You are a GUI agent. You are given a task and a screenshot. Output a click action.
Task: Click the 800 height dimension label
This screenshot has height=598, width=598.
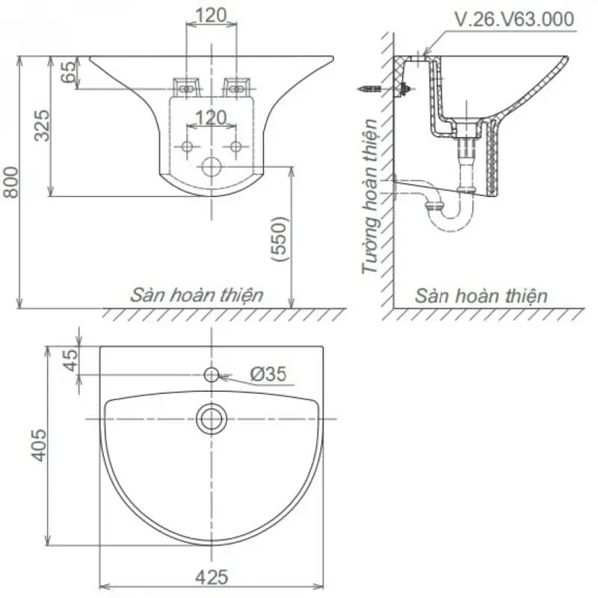pyautogui.click(x=10, y=182)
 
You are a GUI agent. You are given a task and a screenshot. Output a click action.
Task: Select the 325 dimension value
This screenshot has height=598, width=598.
pyautogui.click(x=42, y=126)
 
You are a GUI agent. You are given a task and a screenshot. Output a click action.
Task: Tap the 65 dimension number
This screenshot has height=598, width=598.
pyautogui.click(x=69, y=72)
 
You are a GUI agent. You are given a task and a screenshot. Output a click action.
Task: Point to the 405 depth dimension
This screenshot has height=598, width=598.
pyautogui.click(x=39, y=445)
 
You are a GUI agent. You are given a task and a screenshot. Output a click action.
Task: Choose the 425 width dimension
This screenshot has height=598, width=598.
pyautogui.click(x=212, y=577)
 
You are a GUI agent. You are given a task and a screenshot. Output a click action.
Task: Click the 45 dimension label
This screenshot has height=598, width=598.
pyautogui.click(x=70, y=360)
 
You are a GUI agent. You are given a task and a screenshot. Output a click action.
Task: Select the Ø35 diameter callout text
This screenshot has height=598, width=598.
pyautogui.click(x=268, y=374)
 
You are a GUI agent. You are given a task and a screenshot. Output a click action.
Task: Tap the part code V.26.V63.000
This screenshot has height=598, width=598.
pyautogui.click(x=514, y=19)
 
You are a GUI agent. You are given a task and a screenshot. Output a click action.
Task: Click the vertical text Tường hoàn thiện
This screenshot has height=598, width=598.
pyautogui.click(x=369, y=197)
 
